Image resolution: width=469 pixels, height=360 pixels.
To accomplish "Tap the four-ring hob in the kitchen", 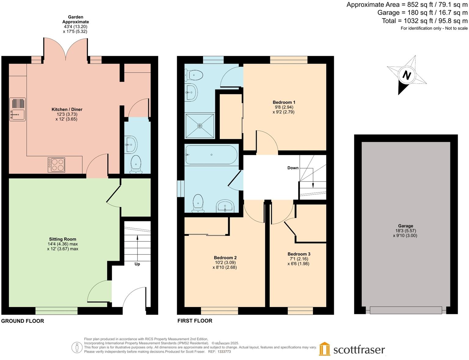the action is [56, 165].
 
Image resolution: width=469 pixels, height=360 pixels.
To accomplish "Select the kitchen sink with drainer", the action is [17, 109].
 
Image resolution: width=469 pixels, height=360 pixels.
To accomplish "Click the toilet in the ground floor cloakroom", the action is [136, 164].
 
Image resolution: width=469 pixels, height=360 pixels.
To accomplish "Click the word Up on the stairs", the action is [137, 264].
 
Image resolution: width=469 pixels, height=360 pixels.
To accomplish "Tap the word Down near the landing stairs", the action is [293, 168].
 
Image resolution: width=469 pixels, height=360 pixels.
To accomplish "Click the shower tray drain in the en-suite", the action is [200, 126].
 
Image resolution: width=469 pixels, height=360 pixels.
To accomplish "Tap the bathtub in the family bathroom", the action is [211, 155].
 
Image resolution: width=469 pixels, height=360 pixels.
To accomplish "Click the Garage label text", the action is [405, 226].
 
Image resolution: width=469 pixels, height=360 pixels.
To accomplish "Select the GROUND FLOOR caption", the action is [23, 321].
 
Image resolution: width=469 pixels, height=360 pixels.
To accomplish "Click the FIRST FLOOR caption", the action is [195, 321].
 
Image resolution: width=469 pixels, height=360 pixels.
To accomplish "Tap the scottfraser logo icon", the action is [325, 349].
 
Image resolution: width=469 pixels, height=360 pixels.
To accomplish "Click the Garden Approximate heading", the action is [75, 19].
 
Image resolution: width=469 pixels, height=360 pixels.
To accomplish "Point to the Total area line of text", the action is [425, 21].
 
